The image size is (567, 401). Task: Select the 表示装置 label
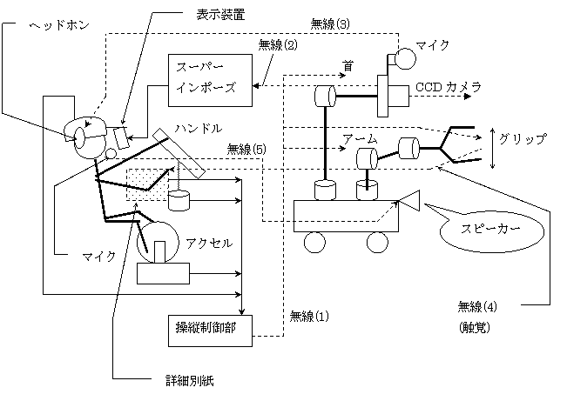221,15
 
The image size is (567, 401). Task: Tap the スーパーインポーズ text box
209,80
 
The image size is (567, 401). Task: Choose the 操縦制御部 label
206,328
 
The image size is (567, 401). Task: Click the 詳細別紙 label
196,380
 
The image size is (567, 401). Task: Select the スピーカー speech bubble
491,231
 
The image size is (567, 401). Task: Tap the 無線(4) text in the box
478,307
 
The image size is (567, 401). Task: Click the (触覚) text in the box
476,329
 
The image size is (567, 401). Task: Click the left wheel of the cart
314,242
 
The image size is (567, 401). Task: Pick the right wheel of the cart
376,242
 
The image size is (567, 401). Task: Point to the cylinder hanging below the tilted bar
179,200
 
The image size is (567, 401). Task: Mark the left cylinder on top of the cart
325,190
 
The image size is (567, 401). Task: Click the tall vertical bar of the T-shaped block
382,95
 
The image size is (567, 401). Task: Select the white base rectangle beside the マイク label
163,273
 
